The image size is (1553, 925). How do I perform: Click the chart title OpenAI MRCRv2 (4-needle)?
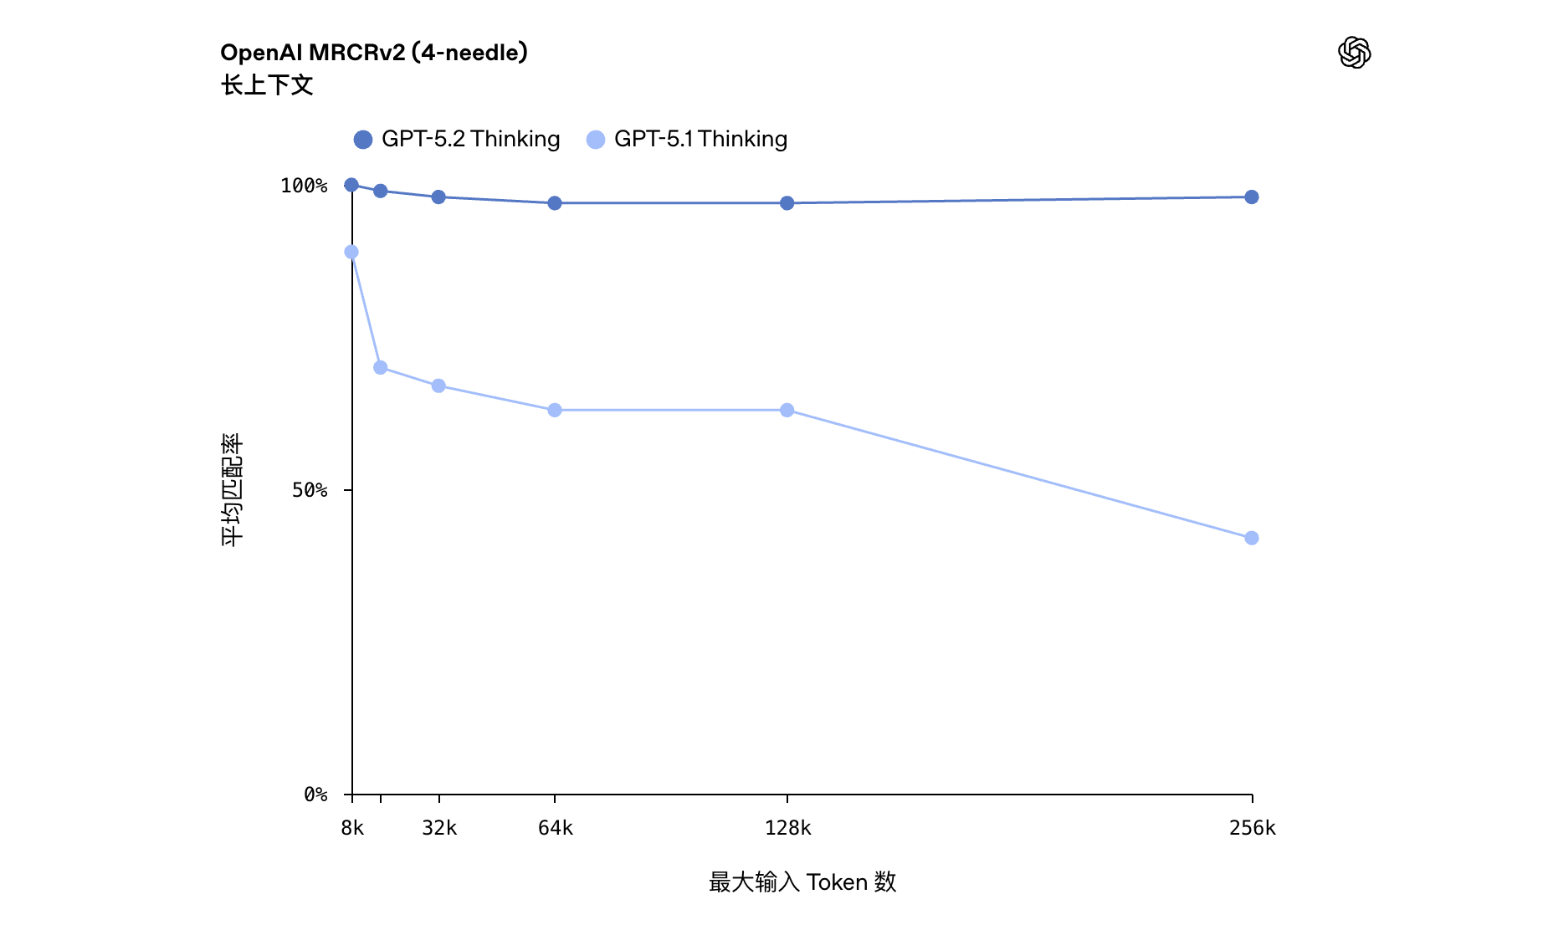click(x=373, y=53)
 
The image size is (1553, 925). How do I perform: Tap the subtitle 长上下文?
click(x=267, y=84)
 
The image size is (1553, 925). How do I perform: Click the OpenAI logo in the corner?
click(x=1354, y=53)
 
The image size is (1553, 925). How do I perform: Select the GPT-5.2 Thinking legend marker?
click(x=363, y=140)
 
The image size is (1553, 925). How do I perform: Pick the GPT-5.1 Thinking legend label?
click(x=700, y=139)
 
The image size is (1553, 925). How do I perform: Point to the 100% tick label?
click(x=303, y=186)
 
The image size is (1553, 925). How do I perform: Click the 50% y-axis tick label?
click(x=309, y=490)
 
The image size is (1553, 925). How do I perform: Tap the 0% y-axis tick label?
click(x=315, y=795)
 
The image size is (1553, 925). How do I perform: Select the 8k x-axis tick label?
click(x=352, y=828)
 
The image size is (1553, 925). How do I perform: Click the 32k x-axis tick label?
click(x=439, y=828)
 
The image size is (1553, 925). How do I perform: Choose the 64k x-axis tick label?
click(x=555, y=828)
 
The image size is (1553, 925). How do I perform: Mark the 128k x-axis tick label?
click(x=787, y=828)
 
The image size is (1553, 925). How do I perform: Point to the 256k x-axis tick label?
click(x=1252, y=828)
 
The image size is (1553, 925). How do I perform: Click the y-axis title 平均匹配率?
click(x=232, y=490)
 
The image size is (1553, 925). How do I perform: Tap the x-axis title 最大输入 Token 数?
click(x=802, y=882)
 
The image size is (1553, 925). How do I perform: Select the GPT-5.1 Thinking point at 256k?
click(x=1252, y=538)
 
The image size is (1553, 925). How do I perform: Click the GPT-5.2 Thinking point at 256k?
click(x=1252, y=197)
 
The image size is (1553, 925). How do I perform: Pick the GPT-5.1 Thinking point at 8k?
click(x=351, y=252)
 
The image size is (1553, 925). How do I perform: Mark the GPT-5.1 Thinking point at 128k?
click(x=787, y=410)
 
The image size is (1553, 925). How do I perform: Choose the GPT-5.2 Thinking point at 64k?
click(x=555, y=203)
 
